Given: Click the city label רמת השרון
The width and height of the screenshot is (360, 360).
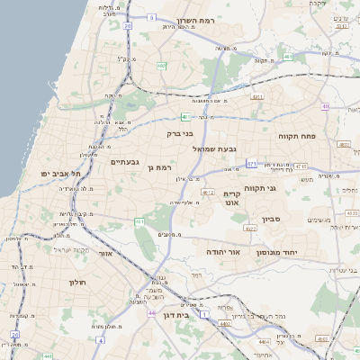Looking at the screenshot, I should (x=200, y=19).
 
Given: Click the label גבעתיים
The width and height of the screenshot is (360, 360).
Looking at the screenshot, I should (x=124, y=162).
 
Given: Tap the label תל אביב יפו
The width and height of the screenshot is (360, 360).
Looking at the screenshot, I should (x=61, y=173).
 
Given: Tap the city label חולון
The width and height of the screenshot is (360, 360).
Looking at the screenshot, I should (x=76, y=282).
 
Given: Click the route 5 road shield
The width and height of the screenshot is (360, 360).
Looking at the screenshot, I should (x=152, y=17).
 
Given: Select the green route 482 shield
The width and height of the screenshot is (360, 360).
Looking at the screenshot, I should (x=161, y=66).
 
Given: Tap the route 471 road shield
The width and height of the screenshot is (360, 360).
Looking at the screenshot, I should (x=252, y=164).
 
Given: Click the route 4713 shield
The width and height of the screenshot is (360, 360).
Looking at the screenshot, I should (x=300, y=166).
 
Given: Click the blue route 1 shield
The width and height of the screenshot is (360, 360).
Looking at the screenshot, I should (x=204, y=314).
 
